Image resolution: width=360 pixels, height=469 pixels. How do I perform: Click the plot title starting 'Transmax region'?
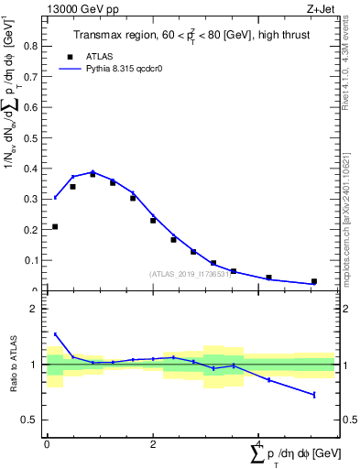pyautogui.click(x=190, y=36)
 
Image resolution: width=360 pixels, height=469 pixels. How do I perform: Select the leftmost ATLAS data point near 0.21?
pyautogui.click(x=55, y=226)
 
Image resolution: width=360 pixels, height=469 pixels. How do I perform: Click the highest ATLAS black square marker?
pyautogui.click(x=93, y=174)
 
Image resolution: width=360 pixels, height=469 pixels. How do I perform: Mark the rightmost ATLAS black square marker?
pyautogui.click(x=314, y=281)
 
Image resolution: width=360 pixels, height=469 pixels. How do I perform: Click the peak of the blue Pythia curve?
pyautogui.click(x=93, y=171)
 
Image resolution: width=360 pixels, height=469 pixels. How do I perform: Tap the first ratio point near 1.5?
pyautogui.click(x=55, y=334)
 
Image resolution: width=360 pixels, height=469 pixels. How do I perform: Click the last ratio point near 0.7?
pyautogui.click(x=314, y=395)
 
